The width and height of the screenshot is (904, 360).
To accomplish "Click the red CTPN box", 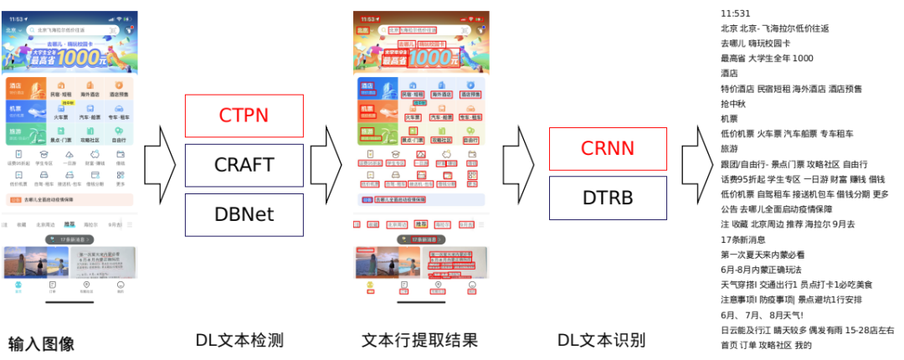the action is coord(244,116).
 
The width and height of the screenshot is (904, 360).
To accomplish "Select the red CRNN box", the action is coord(608,148).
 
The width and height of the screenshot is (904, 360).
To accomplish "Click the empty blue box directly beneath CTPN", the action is coord(244,165).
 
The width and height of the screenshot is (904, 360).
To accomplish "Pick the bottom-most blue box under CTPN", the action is coord(244,213).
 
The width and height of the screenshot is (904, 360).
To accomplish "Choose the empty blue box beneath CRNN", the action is coord(608,198).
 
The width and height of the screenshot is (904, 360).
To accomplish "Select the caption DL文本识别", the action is coord(601,341).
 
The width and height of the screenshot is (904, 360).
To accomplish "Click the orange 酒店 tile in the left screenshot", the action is coord(25,88).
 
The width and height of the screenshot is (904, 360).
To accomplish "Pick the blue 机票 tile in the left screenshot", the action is coord(25,111).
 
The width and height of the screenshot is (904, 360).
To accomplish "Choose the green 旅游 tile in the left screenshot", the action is coord(25,134).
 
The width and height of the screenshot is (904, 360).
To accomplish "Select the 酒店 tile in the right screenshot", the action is coord(374,87).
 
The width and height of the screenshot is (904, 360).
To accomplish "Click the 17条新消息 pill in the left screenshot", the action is coord(69,239).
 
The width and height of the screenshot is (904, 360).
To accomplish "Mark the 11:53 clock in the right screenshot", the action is coord(365,17).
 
